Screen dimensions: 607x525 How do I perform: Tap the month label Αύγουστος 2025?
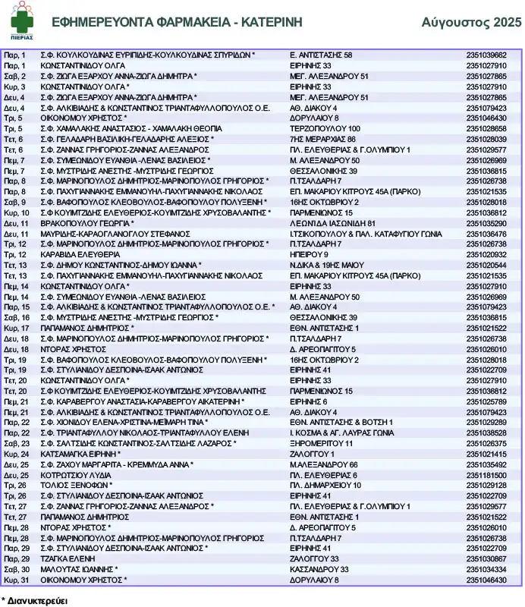click(x=471, y=22)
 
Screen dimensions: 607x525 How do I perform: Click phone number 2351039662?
click(x=486, y=55)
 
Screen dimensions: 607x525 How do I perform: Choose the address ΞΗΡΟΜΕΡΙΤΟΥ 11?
click(x=322, y=443)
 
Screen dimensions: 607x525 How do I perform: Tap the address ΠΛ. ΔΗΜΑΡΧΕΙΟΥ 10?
click(x=325, y=485)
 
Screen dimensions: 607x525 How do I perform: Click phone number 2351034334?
click(x=486, y=569)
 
